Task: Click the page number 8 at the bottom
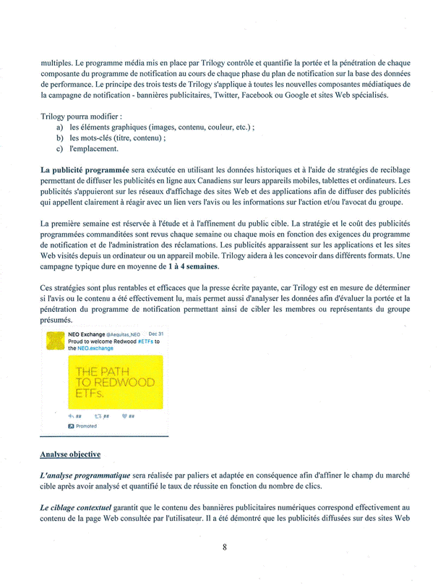pyautogui.click(x=225, y=548)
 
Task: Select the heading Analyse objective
pyautogui.click(x=70, y=454)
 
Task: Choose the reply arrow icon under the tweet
pyautogui.click(x=71, y=416)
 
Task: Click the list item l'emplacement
pyautogui.click(x=94, y=149)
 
